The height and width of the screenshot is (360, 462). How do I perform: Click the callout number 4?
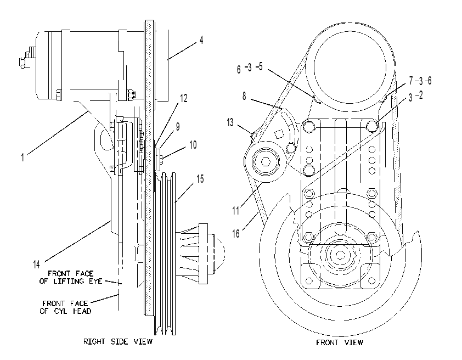[201, 40]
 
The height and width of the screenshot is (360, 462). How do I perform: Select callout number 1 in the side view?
[22, 157]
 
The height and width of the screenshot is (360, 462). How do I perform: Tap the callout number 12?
[184, 98]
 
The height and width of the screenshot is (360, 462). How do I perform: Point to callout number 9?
[178, 127]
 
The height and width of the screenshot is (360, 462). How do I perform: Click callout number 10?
[193, 145]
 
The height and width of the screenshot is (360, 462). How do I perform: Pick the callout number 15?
[200, 179]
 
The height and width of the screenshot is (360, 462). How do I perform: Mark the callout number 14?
[36, 265]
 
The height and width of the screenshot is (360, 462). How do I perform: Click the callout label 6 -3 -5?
[250, 68]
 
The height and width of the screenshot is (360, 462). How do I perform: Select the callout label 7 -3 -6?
[420, 81]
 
